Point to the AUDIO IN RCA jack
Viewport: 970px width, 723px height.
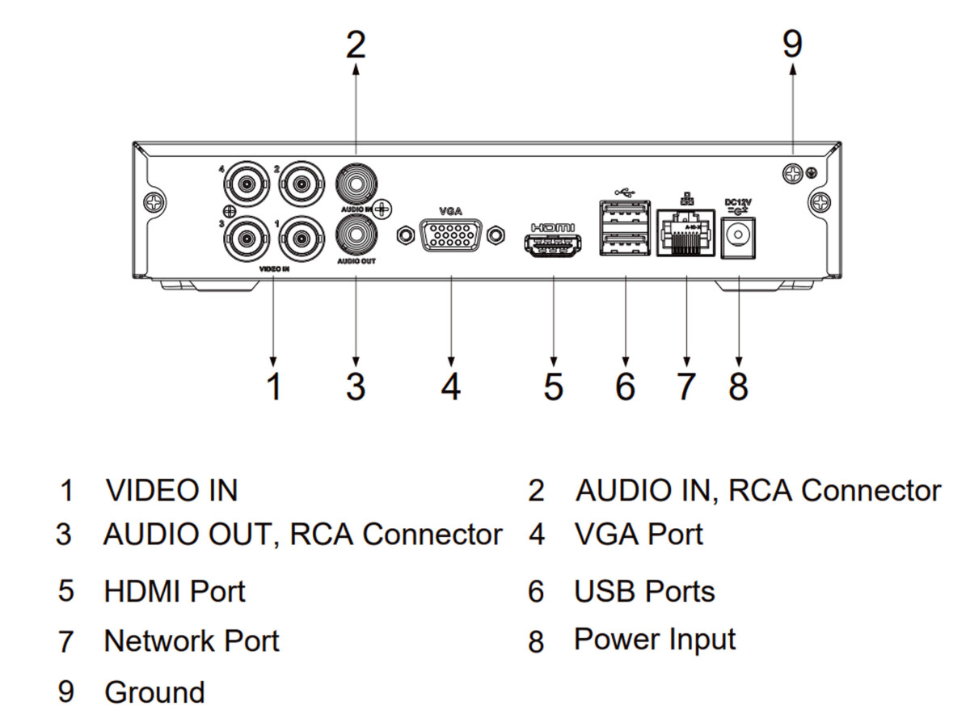coord(356,185)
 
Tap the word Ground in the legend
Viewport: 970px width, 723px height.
coord(154,692)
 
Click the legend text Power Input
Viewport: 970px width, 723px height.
coord(655,640)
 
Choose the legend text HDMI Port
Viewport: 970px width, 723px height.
coord(175,590)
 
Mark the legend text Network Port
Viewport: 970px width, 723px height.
coord(192,641)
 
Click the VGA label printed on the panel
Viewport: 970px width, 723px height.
coord(450,210)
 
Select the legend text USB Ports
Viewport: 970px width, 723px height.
coord(644,591)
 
